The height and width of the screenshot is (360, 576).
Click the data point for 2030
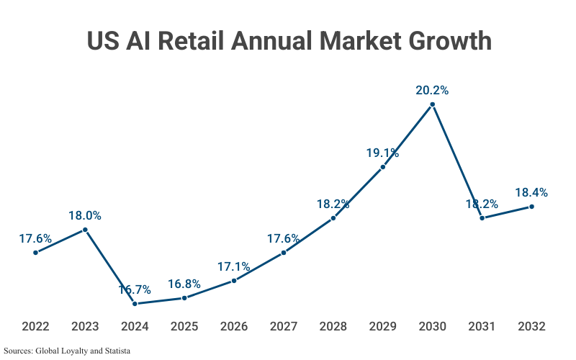(x=432, y=104)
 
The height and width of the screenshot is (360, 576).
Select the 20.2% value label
(x=432, y=91)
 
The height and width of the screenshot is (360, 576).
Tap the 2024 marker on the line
(x=135, y=304)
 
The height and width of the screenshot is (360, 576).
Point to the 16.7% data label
(x=135, y=290)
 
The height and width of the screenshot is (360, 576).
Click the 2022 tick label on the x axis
(x=35, y=326)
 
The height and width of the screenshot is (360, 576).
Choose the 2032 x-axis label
(x=531, y=326)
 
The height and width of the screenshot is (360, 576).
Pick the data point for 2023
(x=85, y=230)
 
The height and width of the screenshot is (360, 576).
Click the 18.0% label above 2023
(x=85, y=215)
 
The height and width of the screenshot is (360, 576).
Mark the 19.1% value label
(x=382, y=153)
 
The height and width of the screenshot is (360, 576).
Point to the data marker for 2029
(x=382, y=166)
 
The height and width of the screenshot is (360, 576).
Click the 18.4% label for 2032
(x=531, y=193)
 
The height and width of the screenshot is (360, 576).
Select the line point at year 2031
(x=482, y=217)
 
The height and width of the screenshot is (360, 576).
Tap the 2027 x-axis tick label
(x=284, y=326)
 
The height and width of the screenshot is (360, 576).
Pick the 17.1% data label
(x=234, y=267)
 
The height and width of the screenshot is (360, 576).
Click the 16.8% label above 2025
(x=184, y=284)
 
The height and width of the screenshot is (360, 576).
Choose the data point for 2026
(x=234, y=281)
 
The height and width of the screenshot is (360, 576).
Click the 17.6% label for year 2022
(x=35, y=238)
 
